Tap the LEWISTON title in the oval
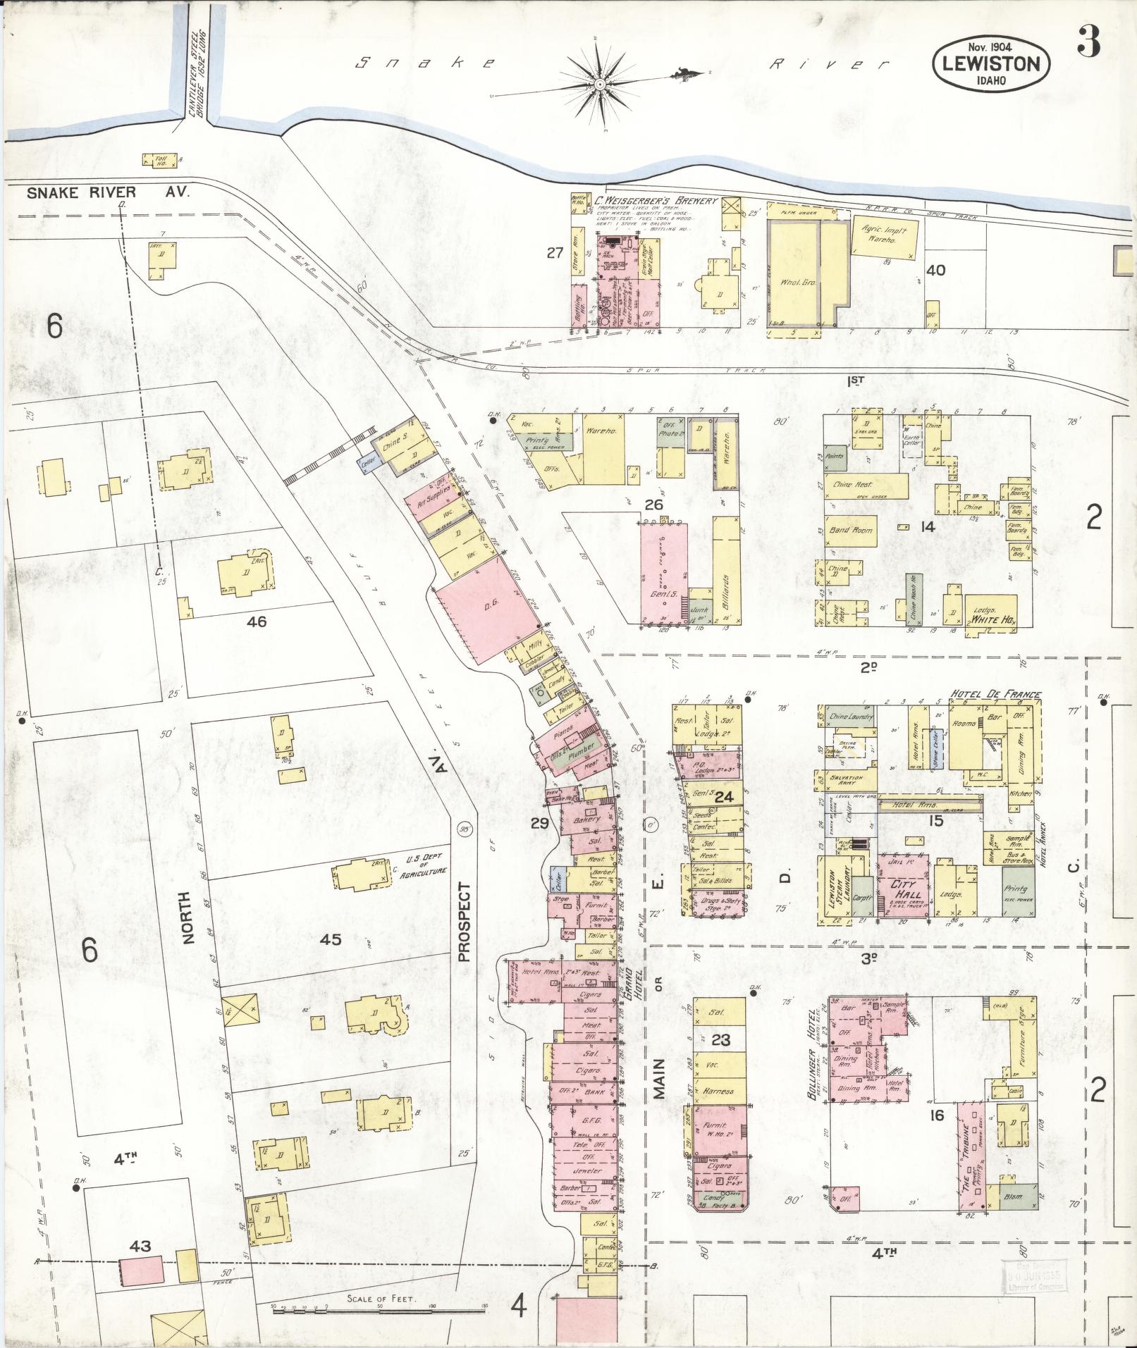(x=990, y=64)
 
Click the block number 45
(x=330, y=939)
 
